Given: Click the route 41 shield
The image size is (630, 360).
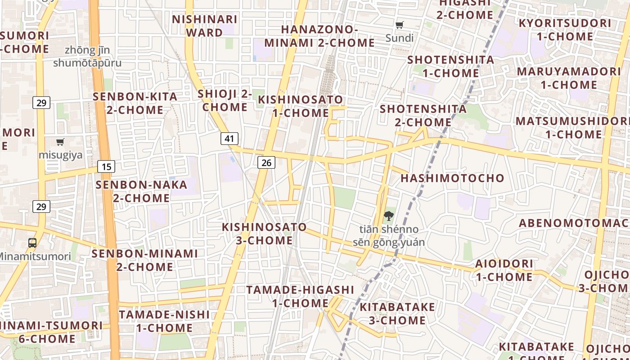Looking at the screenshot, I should coord(229,138).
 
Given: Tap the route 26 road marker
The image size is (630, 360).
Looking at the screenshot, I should coord(266,162).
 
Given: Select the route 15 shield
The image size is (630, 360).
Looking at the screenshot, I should coord(106,167).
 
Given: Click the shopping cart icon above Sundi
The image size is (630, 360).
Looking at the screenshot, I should coord(400,25).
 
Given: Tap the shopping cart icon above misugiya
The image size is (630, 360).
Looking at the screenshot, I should coord(60,142).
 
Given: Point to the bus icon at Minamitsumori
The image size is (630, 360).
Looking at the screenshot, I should coord(32,243).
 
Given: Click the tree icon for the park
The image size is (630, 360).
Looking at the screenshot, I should coord(388,216).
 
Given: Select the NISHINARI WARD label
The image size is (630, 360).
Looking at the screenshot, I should coord(205,26).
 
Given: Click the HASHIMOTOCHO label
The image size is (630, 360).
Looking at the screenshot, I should coord(452,178).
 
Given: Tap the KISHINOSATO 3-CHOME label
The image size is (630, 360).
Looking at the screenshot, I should coord(265,234).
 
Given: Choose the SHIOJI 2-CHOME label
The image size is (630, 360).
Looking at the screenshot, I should coord(225,100).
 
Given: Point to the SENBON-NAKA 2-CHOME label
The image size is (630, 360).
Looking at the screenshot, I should coord(141,191).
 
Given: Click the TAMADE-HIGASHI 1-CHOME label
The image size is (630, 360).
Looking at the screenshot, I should coord(300,296).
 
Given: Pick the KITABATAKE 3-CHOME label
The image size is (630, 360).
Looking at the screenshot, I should coord(397,314).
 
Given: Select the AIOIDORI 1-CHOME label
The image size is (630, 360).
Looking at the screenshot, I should coord(504,270).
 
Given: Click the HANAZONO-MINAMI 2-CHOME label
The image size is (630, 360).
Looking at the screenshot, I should coord(319,36).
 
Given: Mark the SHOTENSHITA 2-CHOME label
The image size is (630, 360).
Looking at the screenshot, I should coord(423,115).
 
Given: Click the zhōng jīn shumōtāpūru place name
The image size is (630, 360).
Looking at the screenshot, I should coord(87,56).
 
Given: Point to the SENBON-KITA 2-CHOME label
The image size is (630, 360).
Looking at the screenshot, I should coord(135,103).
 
